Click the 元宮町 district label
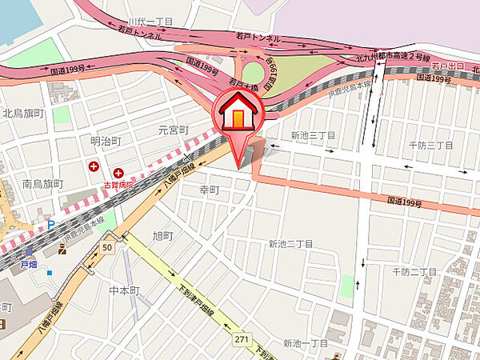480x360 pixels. coord(172,130)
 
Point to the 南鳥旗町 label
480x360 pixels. coord(42,184)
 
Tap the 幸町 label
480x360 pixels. coord(209,190)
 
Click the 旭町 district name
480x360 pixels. coord(163,235)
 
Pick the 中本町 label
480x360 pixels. coord(125,290)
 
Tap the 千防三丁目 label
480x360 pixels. coord(430,145)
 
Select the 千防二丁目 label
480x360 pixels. coord(414,272)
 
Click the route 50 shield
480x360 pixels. coord(107,249)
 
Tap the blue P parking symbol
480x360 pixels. coord(50,225)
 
